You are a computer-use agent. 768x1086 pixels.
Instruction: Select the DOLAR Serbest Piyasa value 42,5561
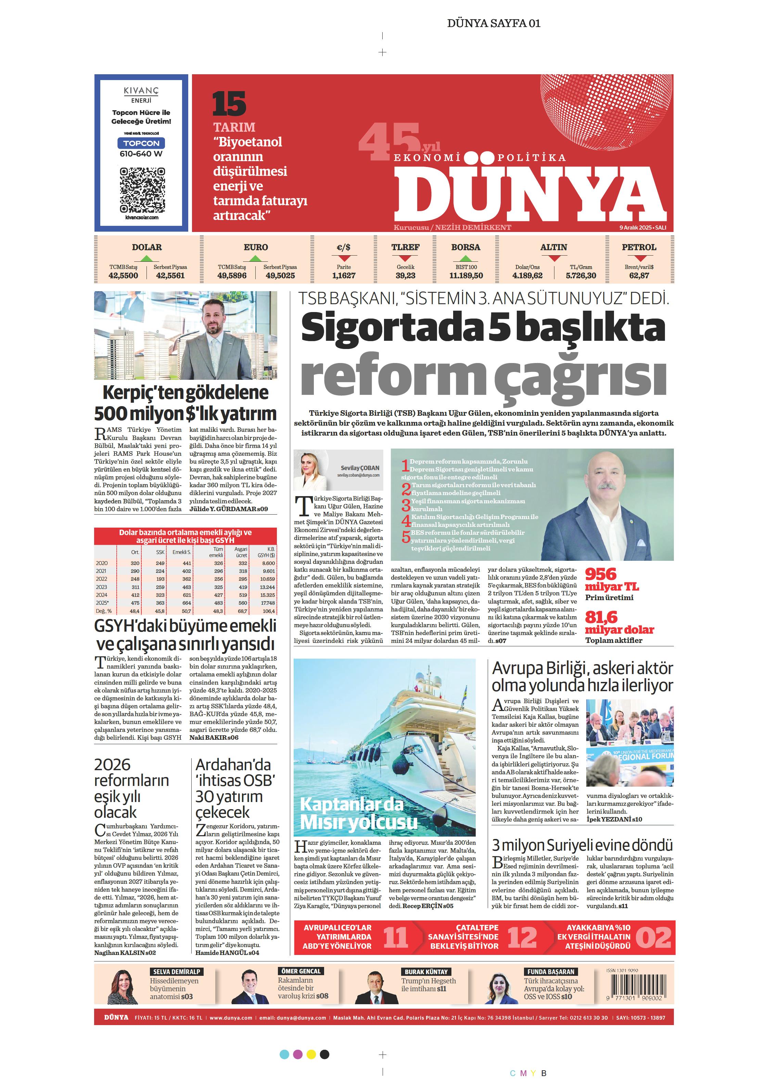coord(170,275)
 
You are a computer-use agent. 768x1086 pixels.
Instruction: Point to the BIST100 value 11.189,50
coord(466,275)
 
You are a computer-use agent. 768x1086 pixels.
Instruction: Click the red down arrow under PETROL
coord(640,259)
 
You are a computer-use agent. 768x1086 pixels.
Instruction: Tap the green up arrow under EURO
coord(256,258)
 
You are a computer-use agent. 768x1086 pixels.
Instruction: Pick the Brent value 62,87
coord(639,275)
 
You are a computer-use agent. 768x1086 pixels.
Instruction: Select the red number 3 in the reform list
coord(406,505)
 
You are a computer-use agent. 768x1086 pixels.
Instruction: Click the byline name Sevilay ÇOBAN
coord(360,468)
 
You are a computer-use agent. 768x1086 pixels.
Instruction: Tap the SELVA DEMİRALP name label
coord(177,971)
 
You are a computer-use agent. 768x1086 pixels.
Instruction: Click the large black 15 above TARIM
coord(229,104)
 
